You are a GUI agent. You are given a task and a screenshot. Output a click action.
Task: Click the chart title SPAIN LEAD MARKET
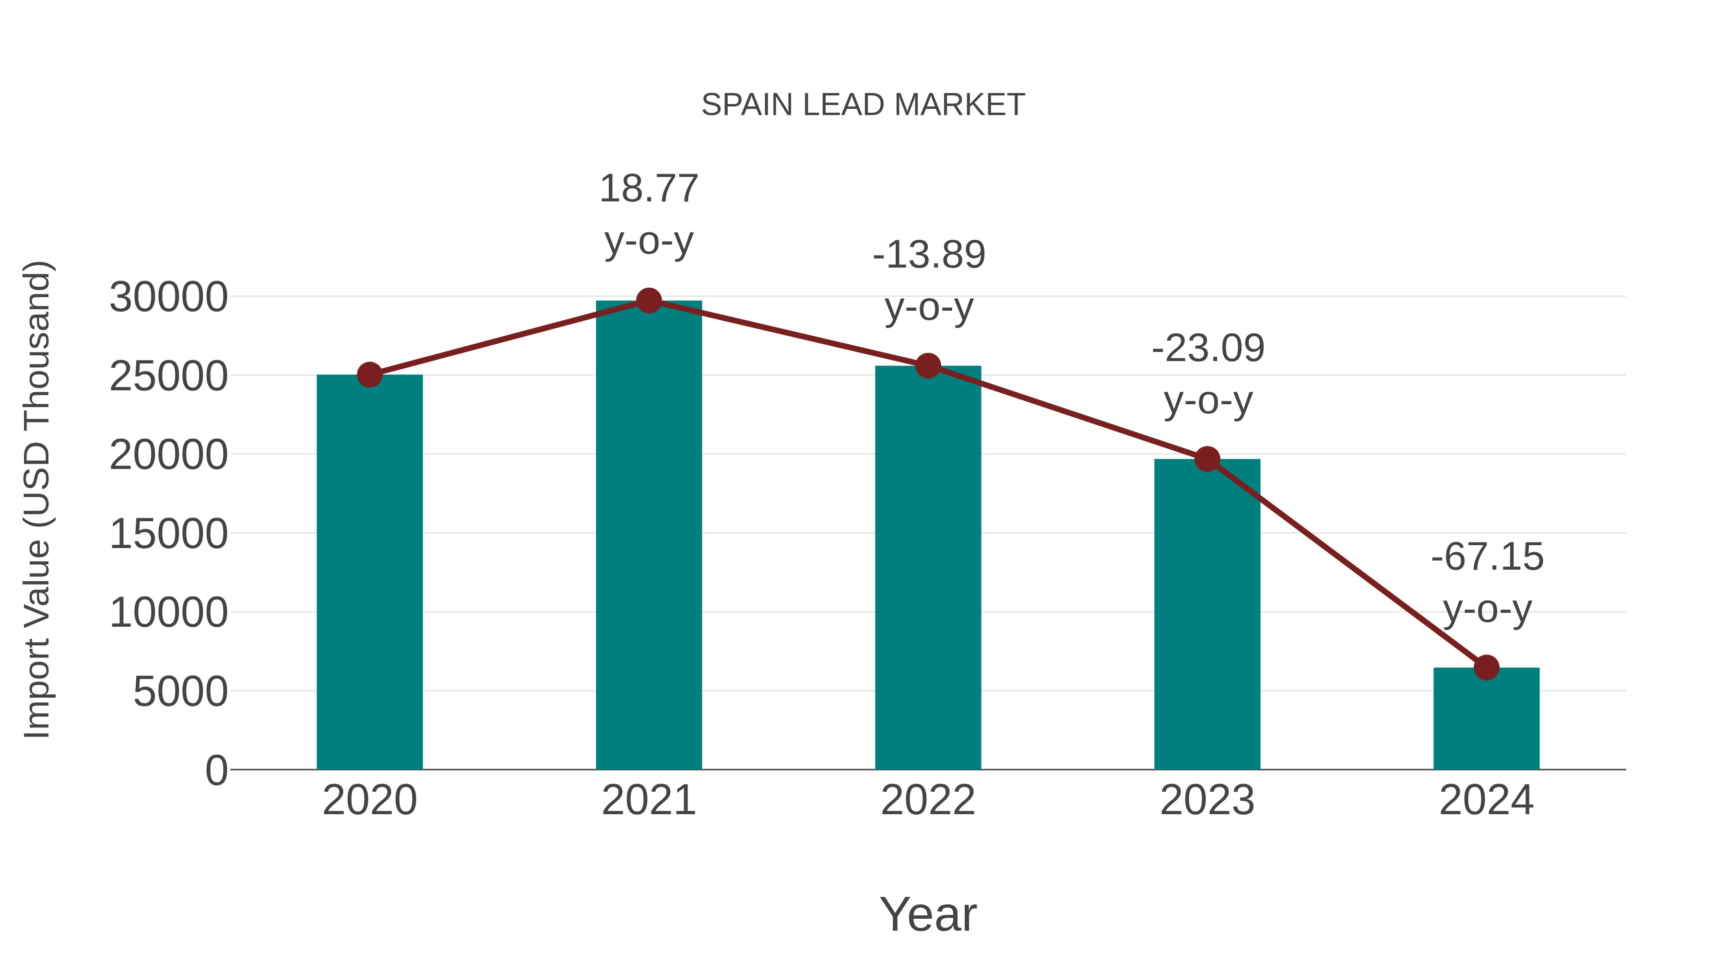click(863, 105)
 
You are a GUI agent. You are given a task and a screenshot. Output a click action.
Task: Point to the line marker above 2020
click(369, 374)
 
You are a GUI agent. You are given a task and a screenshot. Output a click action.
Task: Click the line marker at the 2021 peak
click(648, 301)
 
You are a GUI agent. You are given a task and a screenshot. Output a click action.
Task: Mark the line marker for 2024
click(1486, 667)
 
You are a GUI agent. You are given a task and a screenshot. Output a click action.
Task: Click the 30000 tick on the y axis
click(168, 297)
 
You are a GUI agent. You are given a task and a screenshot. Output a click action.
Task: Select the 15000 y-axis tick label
click(168, 534)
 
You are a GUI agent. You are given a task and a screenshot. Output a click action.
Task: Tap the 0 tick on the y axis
click(216, 771)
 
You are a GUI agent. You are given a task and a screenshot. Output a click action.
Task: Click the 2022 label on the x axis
click(928, 800)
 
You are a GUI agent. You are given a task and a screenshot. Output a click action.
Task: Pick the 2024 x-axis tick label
click(1486, 800)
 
